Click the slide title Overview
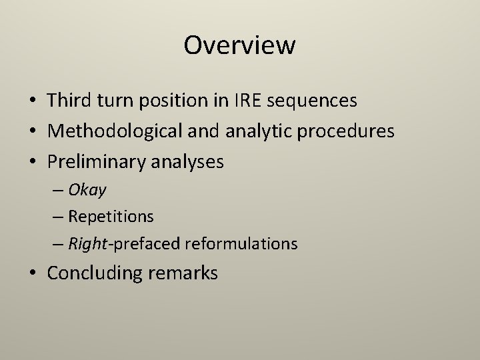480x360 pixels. coord(239,45)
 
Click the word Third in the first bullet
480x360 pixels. coord(69,101)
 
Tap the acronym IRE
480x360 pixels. coord(247,101)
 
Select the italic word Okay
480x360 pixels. coord(87,190)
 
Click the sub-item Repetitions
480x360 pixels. coord(111,217)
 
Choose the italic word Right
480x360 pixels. coord(89,244)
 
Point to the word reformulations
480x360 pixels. coord(241,244)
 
